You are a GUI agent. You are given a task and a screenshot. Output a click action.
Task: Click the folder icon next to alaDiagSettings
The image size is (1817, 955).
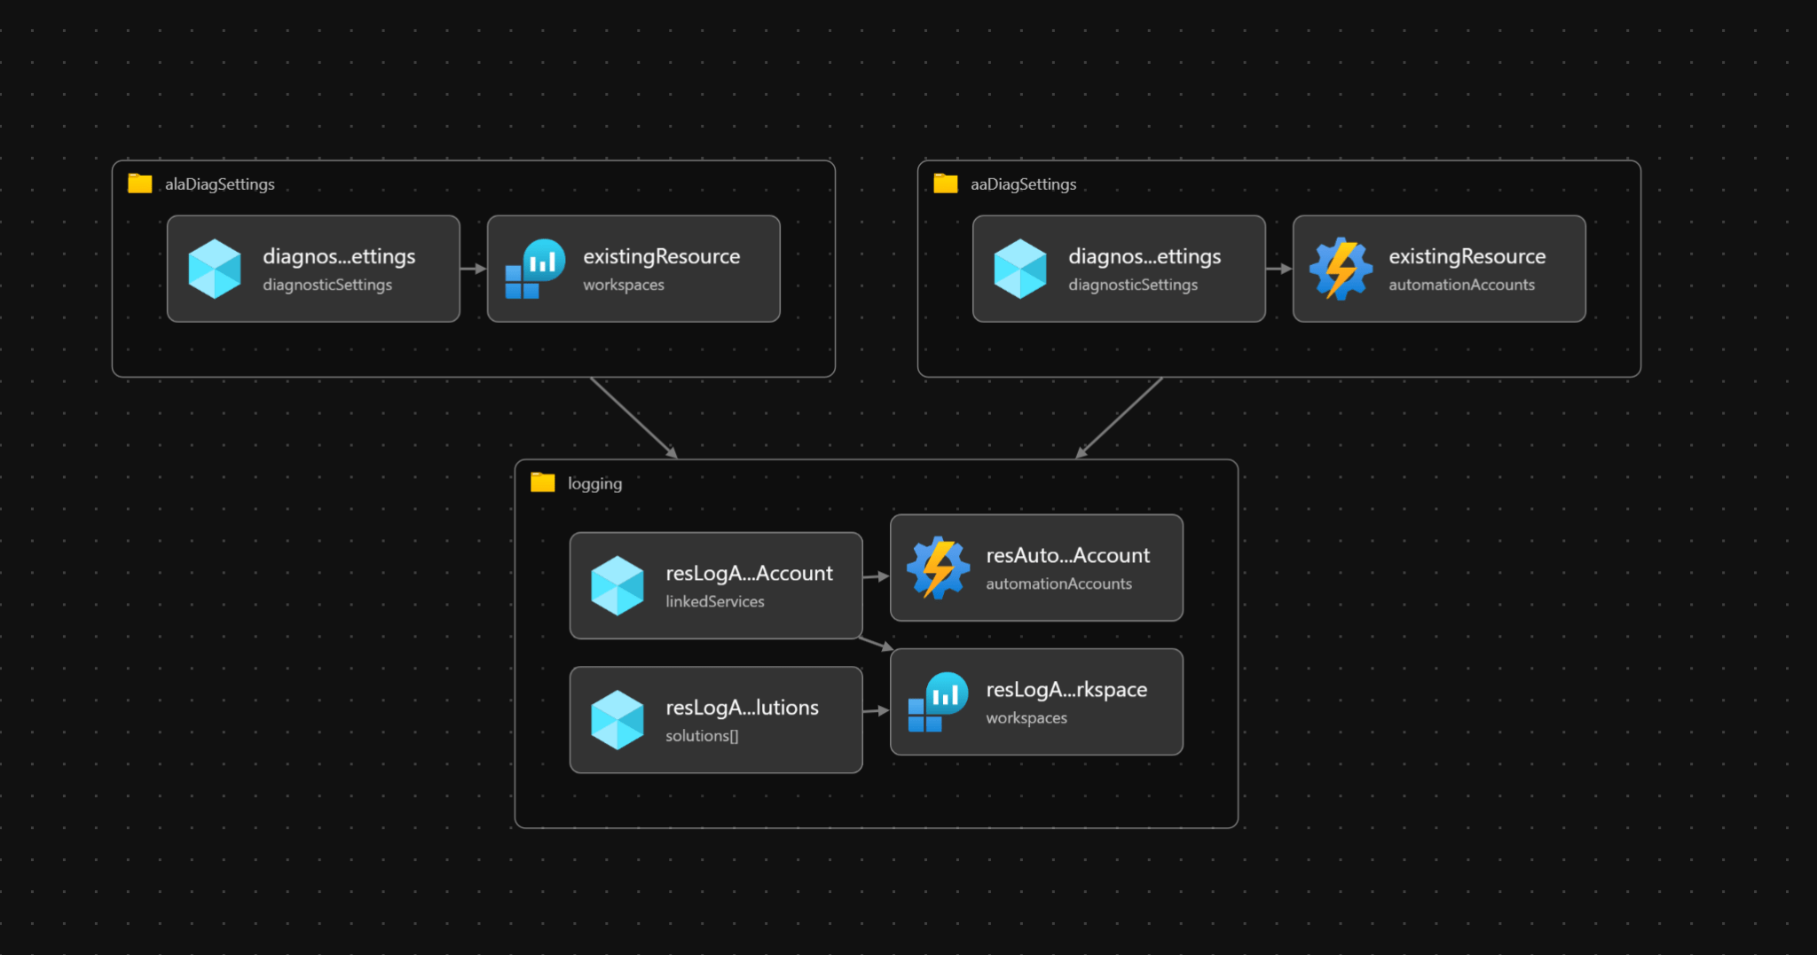[139, 184]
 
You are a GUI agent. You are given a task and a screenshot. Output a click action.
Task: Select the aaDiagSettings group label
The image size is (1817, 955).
[1023, 184]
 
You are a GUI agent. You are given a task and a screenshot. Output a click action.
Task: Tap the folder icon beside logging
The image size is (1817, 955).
[542, 482]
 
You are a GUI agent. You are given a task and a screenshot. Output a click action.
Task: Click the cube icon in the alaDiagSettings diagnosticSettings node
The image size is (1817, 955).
[215, 269]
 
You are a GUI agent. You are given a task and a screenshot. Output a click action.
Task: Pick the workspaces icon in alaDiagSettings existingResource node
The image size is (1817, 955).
[534, 269]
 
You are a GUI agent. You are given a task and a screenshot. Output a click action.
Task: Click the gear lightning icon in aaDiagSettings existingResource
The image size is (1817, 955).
[1341, 269]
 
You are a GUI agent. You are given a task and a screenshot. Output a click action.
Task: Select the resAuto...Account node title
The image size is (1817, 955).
[1067, 555]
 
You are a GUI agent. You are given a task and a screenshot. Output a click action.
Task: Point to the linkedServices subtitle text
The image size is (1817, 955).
[714, 601]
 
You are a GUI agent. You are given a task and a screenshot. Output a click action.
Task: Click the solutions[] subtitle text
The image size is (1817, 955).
[701, 736]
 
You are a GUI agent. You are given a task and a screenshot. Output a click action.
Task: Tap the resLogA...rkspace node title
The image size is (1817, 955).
[1066, 689]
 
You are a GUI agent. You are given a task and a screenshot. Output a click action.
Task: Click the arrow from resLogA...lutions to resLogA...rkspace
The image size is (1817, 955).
[876, 710]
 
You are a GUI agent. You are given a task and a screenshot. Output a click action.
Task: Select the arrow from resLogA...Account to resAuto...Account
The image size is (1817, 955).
[876, 576]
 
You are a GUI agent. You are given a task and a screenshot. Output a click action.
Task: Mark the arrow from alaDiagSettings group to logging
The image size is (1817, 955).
[633, 418]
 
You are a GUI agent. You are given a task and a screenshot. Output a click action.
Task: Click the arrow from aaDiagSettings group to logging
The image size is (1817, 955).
[1119, 418]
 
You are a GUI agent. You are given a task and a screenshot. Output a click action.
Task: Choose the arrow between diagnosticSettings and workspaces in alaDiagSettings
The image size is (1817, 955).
[473, 269]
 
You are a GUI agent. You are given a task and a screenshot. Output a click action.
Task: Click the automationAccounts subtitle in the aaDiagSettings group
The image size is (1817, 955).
[1460, 285]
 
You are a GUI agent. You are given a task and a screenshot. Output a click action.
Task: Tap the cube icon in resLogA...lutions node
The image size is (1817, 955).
[617, 720]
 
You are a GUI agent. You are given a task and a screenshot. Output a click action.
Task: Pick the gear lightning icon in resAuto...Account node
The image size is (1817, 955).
[938, 568]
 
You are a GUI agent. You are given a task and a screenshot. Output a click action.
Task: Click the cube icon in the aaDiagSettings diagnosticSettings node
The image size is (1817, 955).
[1020, 269]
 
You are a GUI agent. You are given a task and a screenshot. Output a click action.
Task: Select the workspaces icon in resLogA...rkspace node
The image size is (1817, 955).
[937, 702]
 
